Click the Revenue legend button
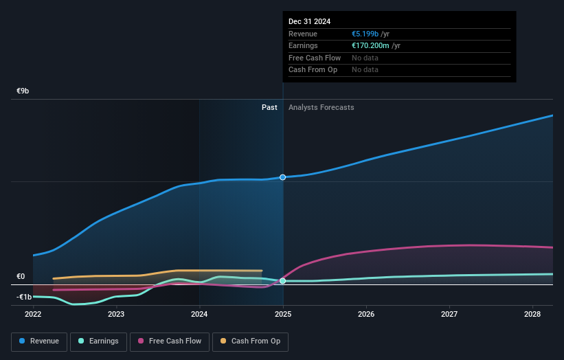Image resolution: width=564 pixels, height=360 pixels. click(39, 341)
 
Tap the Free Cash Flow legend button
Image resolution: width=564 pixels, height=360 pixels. click(170, 341)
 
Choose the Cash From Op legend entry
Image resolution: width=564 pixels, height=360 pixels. click(250, 341)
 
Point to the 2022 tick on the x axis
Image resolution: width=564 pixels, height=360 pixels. click(33, 314)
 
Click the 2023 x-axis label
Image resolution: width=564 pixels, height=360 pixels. click(116, 314)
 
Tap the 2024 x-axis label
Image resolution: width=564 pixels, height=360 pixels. click(199, 314)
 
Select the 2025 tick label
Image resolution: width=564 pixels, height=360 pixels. click(283, 314)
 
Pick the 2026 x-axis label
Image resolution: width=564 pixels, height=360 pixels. click(366, 314)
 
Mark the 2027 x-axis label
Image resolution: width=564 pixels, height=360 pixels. click(449, 314)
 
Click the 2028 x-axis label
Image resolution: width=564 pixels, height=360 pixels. click(532, 314)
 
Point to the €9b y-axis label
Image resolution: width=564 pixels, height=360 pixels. click(23, 91)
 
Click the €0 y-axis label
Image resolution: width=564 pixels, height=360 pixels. click(21, 276)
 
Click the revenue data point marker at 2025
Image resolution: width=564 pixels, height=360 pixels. click(282, 177)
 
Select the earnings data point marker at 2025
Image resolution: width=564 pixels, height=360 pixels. click(282, 281)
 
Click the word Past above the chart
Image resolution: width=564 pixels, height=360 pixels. click(269, 107)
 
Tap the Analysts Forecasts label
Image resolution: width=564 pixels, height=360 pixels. click(322, 107)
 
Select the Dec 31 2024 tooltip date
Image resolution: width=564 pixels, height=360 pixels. click(309, 21)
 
